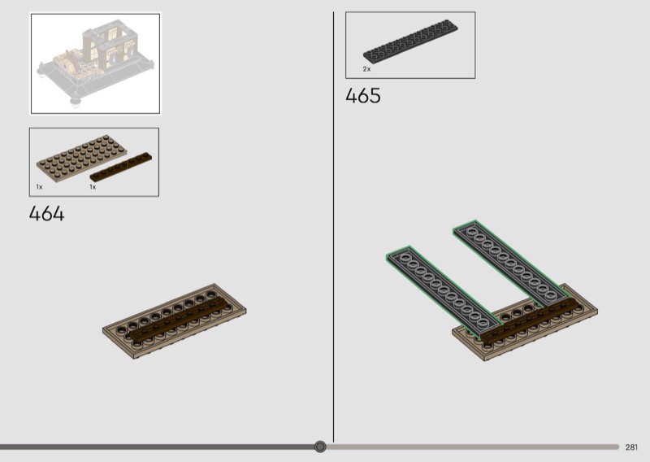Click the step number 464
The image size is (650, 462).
(x=46, y=214)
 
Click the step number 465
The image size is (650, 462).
(x=362, y=95)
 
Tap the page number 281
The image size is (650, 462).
(x=631, y=447)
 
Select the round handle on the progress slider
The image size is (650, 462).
(x=320, y=447)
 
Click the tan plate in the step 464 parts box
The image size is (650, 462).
(x=82, y=158)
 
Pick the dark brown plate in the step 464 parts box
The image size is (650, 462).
(x=121, y=167)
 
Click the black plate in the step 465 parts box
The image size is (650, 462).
(x=410, y=41)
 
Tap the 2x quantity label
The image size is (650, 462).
(x=367, y=69)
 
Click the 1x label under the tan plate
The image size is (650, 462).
(x=39, y=187)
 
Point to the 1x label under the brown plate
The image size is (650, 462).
(x=93, y=187)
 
